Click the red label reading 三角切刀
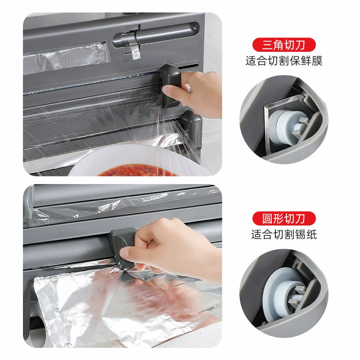click(x=284, y=45)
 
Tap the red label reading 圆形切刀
click(x=284, y=218)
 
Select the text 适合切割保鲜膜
click(x=284, y=61)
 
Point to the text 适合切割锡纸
click(x=284, y=234)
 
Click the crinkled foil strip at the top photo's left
click(x=65, y=58)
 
